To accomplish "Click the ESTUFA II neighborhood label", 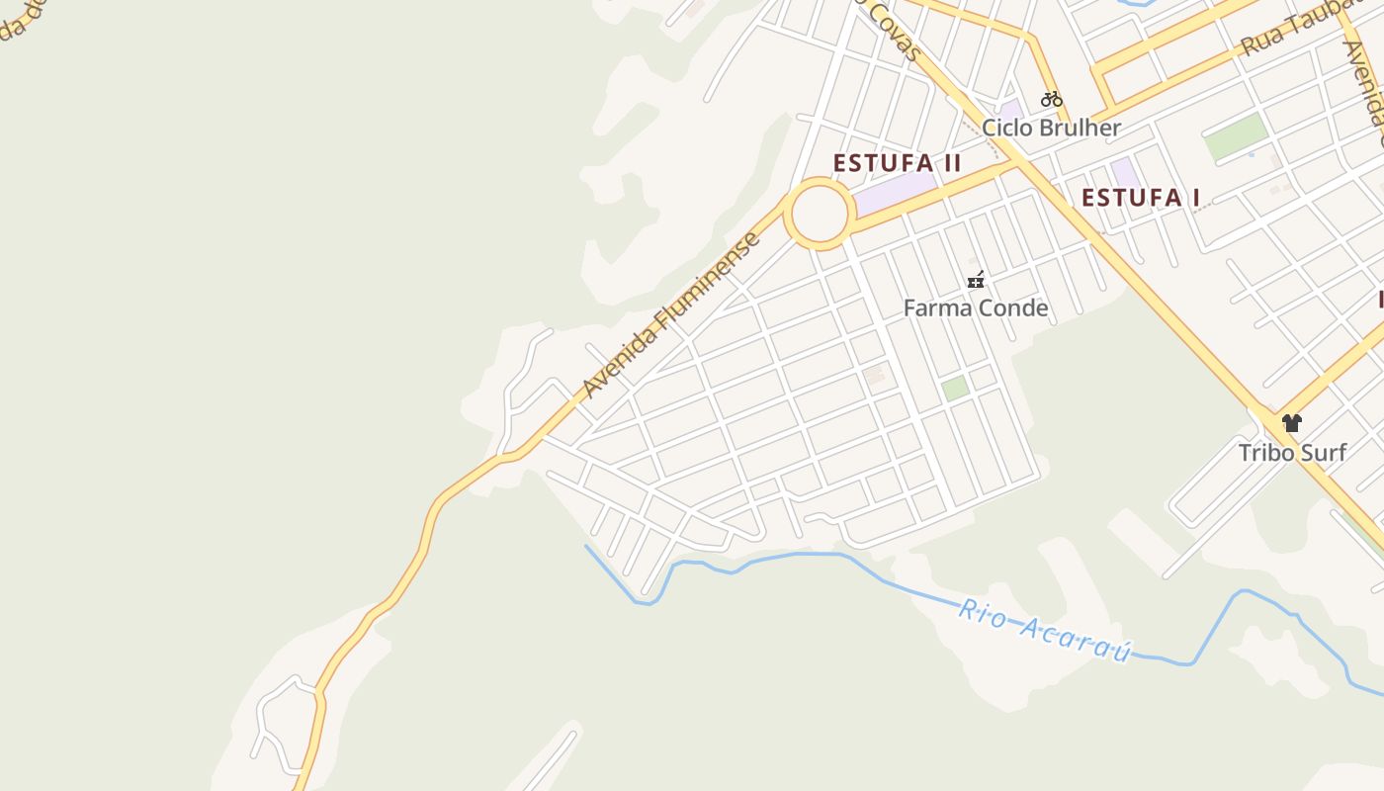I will click(x=897, y=163).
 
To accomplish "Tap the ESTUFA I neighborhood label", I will click(x=1140, y=198).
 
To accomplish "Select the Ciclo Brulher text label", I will click(x=1051, y=128).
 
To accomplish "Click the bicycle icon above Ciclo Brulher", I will click(x=1051, y=99).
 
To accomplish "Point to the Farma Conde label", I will click(x=976, y=308).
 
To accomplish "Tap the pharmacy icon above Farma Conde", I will click(x=976, y=281).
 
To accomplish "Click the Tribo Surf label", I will click(x=1292, y=453).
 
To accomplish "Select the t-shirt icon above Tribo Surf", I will click(x=1292, y=423).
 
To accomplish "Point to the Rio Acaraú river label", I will click(x=1044, y=630).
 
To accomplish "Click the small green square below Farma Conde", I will click(x=954, y=389).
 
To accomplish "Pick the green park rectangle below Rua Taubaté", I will click(x=1236, y=136).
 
